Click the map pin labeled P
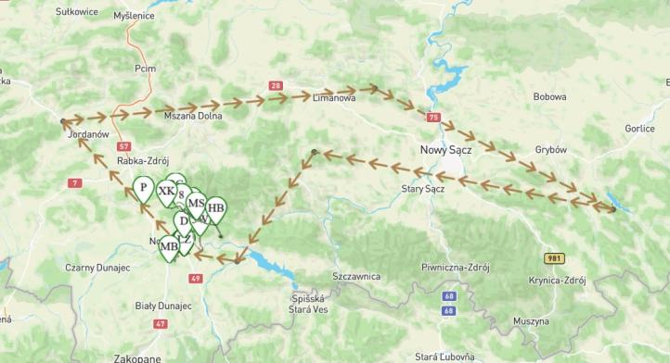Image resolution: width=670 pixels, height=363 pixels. [x=143, y=188]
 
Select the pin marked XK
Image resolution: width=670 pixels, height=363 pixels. [x=166, y=192]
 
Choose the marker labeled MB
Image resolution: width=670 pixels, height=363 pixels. [x=169, y=246]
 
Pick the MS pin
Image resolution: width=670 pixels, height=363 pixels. [x=196, y=203]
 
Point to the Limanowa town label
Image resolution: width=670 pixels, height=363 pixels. [x=334, y=97]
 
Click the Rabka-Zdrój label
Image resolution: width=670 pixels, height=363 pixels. [x=143, y=159]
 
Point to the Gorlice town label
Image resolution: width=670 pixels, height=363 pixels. [x=639, y=129]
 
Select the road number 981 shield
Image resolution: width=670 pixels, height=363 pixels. [x=553, y=258]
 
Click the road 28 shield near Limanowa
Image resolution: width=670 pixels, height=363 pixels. [x=276, y=86]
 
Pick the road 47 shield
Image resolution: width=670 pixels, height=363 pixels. [x=161, y=323]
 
